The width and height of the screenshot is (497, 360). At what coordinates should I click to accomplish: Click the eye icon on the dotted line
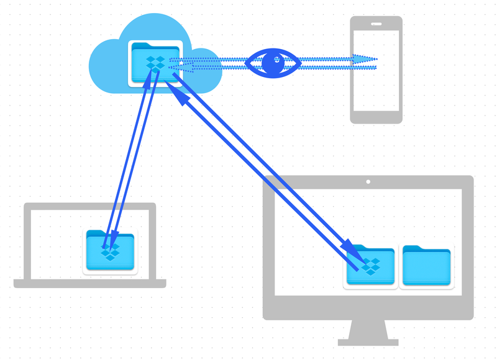273,63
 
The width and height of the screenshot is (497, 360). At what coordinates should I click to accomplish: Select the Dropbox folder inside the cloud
155,63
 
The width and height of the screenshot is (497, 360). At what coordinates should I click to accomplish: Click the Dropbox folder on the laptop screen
110,252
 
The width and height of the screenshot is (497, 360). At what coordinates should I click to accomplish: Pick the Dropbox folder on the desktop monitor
370,267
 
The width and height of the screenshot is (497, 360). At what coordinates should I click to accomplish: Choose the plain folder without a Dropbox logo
426,267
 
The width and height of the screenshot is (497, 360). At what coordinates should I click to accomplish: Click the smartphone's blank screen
376,70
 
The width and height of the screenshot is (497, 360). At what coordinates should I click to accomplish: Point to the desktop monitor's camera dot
368,182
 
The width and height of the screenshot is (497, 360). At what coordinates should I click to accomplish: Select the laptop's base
90,284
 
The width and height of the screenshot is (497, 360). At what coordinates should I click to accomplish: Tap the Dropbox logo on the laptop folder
111,252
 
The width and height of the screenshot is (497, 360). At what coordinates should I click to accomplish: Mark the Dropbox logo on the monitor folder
371,267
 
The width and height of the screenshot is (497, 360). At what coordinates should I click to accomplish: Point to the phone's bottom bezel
376,117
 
